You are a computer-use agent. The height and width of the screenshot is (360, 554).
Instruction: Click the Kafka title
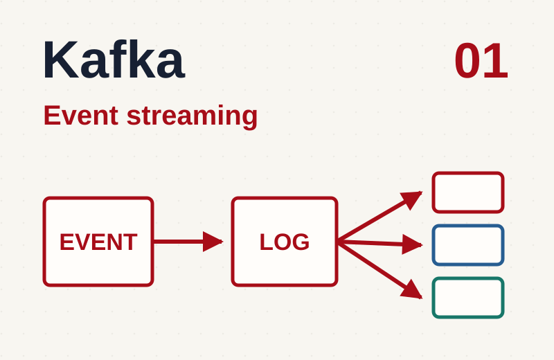pos(114,60)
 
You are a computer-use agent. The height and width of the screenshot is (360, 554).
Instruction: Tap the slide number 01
pos(481,61)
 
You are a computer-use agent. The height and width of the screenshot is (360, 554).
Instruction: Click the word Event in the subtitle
pos(81,115)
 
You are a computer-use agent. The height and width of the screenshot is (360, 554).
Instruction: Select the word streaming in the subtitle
pos(193,116)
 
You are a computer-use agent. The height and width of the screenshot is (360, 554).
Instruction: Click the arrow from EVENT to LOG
pos(188,242)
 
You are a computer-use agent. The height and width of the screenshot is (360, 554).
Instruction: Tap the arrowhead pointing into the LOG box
pos(213,242)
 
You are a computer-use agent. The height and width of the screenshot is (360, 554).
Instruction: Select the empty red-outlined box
pos(468,173)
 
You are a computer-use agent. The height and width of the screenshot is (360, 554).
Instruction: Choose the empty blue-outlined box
pos(468,226)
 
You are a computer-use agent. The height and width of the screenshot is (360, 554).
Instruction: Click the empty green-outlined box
pos(468,278)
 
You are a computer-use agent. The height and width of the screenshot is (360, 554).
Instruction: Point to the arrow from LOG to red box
pos(380,217)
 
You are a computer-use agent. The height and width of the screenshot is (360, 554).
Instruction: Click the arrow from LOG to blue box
pos(380,243)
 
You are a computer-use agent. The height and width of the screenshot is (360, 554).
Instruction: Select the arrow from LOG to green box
pos(380,270)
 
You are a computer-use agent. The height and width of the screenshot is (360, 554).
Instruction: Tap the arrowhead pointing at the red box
pos(412,199)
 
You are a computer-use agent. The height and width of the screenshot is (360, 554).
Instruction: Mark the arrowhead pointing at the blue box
pos(412,244)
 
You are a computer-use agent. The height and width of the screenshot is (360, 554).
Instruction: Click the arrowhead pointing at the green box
pos(413,290)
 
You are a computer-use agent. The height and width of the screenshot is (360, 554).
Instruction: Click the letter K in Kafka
pos(60,60)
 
